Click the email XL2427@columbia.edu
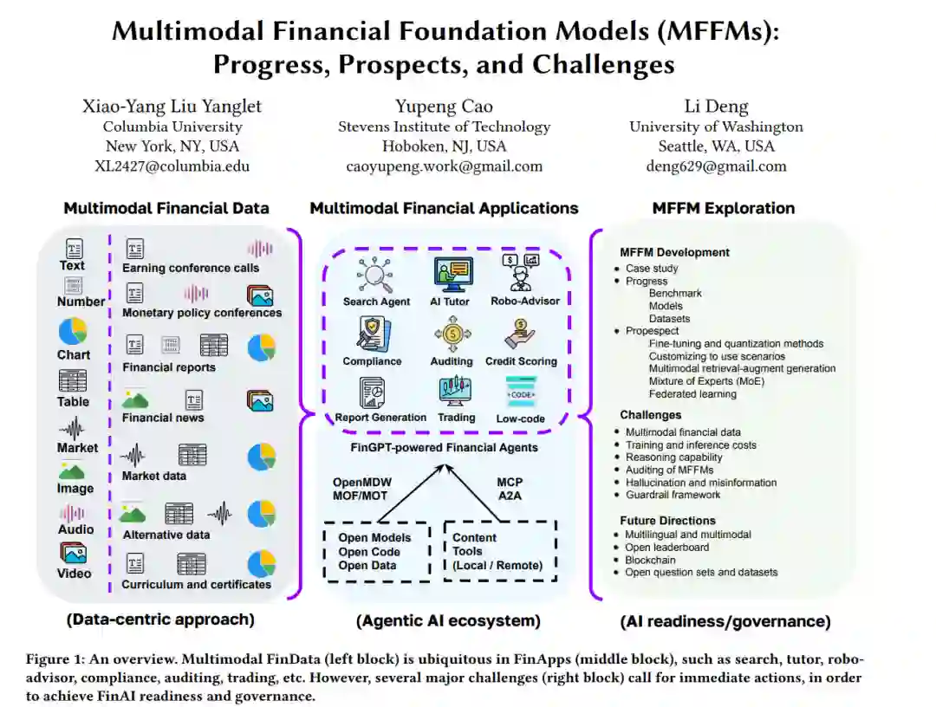(x=171, y=166)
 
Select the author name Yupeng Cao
(x=444, y=107)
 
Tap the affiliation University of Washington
(x=716, y=126)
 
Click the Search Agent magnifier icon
(x=376, y=275)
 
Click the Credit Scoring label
(x=521, y=361)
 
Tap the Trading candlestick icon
(x=456, y=392)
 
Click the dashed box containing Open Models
(x=376, y=552)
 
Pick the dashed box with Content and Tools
(x=499, y=551)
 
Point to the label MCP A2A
(x=510, y=489)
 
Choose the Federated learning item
(x=692, y=393)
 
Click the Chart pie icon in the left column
(x=73, y=331)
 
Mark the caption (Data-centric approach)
(x=160, y=619)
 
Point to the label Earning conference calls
(x=191, y=268)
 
